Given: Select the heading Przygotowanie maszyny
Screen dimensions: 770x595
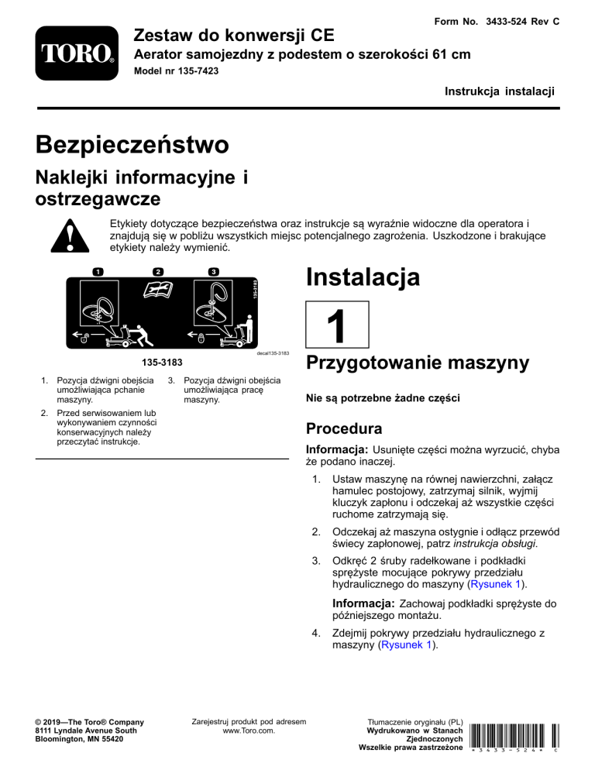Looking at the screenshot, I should (x=418, y=363).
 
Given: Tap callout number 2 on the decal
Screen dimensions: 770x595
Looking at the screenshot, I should (x=157, y=271).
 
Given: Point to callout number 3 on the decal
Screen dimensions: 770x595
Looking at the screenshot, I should (x=213, y=271).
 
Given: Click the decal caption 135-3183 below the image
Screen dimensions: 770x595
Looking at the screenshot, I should (x=159, y=362).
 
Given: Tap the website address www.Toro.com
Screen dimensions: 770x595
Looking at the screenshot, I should (x=248, y=730).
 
